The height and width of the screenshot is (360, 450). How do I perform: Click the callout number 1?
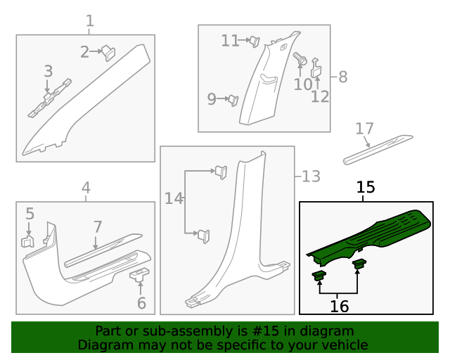click(x=89, y=21)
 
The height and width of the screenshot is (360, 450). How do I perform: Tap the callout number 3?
click(x=48, y=71)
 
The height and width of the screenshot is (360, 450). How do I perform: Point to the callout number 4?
click(x=86, y=188)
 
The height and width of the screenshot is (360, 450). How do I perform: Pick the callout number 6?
click(x=141, y=304)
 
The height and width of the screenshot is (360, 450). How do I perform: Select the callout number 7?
click(x=98, y=227)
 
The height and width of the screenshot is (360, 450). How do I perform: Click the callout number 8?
click(x=343, y=77)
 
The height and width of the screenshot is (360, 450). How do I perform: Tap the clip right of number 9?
click(x=231, y=100)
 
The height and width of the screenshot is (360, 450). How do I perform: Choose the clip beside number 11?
click(x=255, y=41)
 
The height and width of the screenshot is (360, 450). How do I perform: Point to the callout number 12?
click(x=320, y=96)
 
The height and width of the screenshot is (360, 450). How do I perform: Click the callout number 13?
click(x=311, y=176)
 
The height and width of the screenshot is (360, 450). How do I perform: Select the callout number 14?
click(x=173, y=199)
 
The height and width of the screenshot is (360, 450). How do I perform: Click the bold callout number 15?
click(x=366, y=188)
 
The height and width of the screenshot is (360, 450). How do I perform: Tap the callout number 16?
click(x=340, y=306)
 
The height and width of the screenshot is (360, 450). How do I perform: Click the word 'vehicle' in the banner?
click(x=343, y=345)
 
